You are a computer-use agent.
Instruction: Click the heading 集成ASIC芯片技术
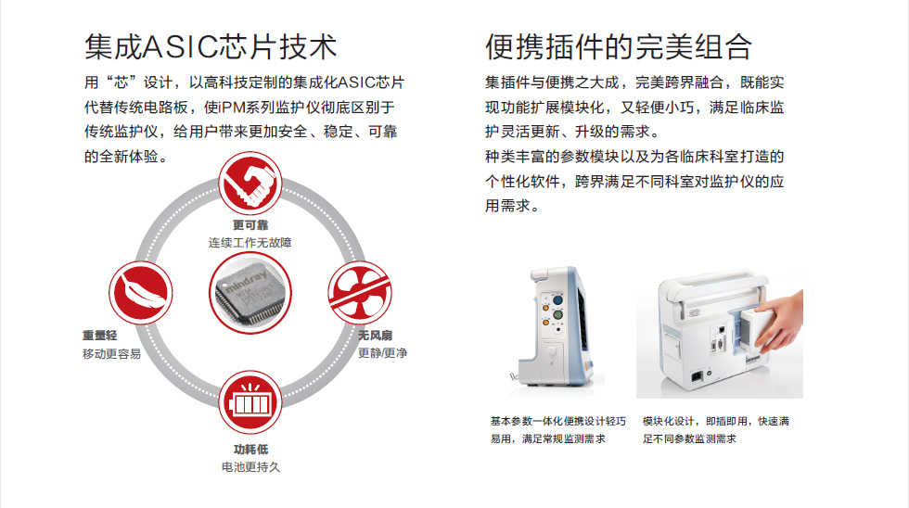pyautogui.click(x=211, y=47)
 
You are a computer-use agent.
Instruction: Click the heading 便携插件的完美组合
pyautogui.click(x=619, y=47)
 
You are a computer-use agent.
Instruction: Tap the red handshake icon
pyautogui.click(x=250, y=184)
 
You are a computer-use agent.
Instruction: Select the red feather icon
pyautogui.click(x=140, y=293)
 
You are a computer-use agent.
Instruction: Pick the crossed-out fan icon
pyautogui.click(x=360, y=293)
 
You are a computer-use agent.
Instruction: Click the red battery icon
pyautogui.click(x=250, y=402)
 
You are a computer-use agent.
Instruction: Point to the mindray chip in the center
pyautogui.click(x=250, y=293)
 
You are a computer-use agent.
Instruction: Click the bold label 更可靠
pyautogui.click(x=250, y=224)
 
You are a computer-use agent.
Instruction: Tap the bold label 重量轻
pyautogui.click(x=100, y=336)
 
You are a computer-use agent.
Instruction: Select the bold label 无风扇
pyautogui.click(x=375, y=336)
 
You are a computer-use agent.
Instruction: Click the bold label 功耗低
pyautogui.click(x=250, y=450)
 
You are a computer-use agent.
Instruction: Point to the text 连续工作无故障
pyautogui.click(x=250, y=243)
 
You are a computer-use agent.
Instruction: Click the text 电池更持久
pyautogui.click(x=250, y=467)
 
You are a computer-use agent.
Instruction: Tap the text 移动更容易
pyautogui.click(x=111, y=353)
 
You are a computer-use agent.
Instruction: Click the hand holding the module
pyautogui.click(x=778, y=322)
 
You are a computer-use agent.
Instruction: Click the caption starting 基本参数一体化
pyautogui.click(x=558, y=430)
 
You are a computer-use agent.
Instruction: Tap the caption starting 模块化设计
pyautogui.click(x=715, y=430)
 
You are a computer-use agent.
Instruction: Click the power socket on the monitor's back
pyautogui.click(x=697, y=377)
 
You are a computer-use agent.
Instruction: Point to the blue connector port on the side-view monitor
pyautogui.click(x=557, y=300)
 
